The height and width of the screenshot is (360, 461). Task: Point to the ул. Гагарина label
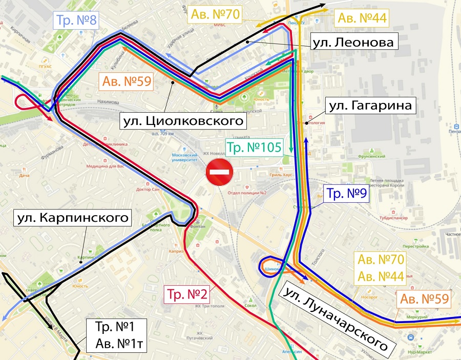coord(370,107)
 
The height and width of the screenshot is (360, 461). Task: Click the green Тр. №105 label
coord(255,147)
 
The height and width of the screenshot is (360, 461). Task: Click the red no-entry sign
coord(220,173)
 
